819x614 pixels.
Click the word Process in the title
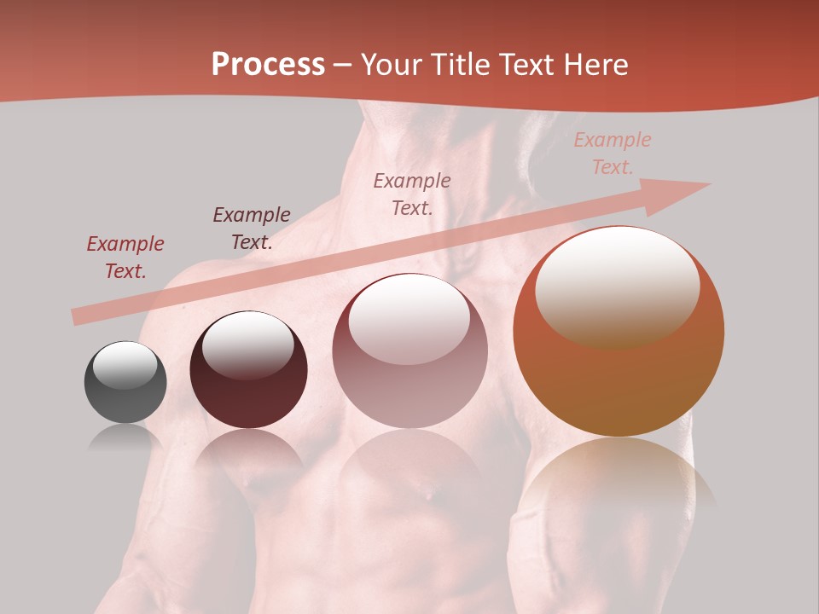(268, 65)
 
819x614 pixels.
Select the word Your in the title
(391, 65)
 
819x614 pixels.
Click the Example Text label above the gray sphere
(125, 257)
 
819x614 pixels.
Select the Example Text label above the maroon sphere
(252, 228)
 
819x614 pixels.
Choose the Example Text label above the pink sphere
(412, 194)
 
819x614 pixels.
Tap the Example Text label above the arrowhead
(613, 153)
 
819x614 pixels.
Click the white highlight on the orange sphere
(617, 286)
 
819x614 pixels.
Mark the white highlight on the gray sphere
(125, 366)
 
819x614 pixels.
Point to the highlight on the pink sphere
(409, 318)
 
